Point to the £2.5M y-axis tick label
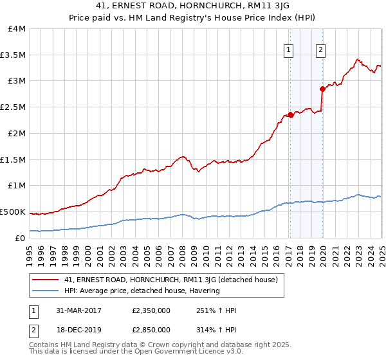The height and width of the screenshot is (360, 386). [14, 107]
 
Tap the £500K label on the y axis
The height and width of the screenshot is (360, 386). [14, 212]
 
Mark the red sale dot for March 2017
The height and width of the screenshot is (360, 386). [290, 115]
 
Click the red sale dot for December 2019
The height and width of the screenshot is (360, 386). [322, 89]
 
